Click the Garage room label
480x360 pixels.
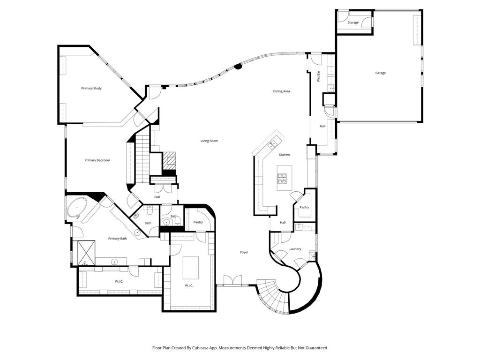tap(380, 73)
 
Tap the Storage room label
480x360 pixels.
tap(353, 22)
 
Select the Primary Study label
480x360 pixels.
tap(91, 88)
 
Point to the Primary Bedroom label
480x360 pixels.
tap(97, 160)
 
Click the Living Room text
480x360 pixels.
tap(209, 141)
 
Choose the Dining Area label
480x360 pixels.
tap(281, 91)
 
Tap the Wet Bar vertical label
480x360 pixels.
tap(319, 76)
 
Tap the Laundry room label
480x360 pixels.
tap(295, 249)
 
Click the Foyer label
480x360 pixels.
tap(244, 252)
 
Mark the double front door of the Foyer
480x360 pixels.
tap(233, 281)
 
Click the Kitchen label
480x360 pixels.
tap(285, 155)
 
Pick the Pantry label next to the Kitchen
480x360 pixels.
tap(304, 207)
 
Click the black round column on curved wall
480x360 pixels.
tap(238, 66)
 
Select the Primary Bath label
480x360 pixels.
tap(117, 239)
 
